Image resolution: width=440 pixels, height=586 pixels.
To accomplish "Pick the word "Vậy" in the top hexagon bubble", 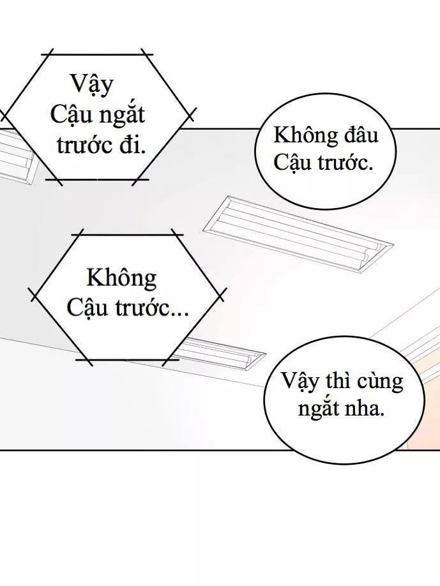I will point(90,84).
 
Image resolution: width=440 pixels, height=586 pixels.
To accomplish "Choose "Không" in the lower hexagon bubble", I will point(121,278).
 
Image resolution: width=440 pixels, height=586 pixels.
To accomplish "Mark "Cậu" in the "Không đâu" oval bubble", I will point(292,163).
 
